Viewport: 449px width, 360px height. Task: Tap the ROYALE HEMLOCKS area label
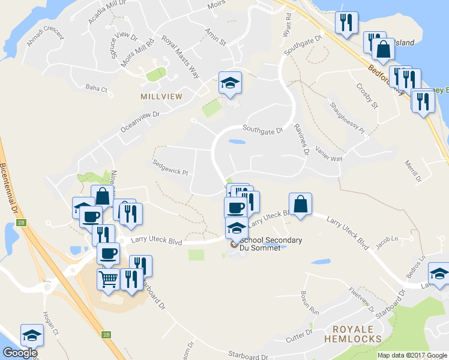click(x=357, y=334)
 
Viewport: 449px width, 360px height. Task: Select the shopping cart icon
click(x=108, y=279)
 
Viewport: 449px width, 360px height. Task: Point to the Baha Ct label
click(x=96, y=89)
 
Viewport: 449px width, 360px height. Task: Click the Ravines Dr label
click(x=301, y=139)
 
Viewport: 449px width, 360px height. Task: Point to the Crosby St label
click(x=367, y=96)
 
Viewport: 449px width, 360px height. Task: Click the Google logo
click(x=20, y=353)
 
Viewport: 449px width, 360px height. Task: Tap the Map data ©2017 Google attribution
click(x=412, y=355)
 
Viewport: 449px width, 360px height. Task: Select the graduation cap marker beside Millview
click(x=229, y=83)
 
